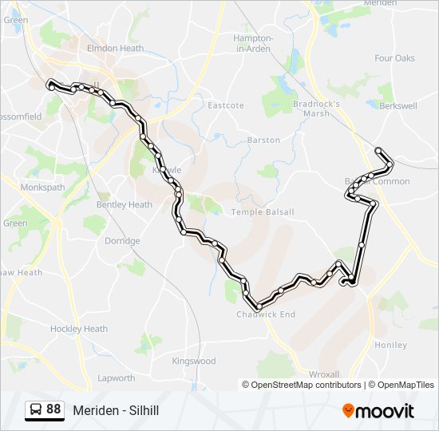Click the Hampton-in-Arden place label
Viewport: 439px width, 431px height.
(253, 43)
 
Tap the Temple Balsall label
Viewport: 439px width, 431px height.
(263, 212)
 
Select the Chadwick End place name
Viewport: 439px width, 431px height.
(266, 314)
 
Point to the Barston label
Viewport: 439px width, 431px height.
(263, 140)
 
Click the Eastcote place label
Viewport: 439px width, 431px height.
(226, 105)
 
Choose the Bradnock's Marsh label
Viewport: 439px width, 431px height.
(316, 108)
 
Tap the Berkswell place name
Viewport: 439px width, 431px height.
(398, 105)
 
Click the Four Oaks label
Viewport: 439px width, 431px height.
(394, 58)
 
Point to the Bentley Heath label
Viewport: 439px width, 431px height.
(124, 204)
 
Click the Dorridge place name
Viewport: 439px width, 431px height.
(122, 240)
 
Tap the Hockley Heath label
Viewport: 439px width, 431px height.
(79, 329)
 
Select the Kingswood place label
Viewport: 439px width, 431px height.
(194, 361)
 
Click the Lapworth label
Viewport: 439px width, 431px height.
(117, 378)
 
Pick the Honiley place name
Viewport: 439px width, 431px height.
(390, 345)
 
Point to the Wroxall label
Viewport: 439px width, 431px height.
(324, 374)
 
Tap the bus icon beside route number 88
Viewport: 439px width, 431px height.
(35, 409)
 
